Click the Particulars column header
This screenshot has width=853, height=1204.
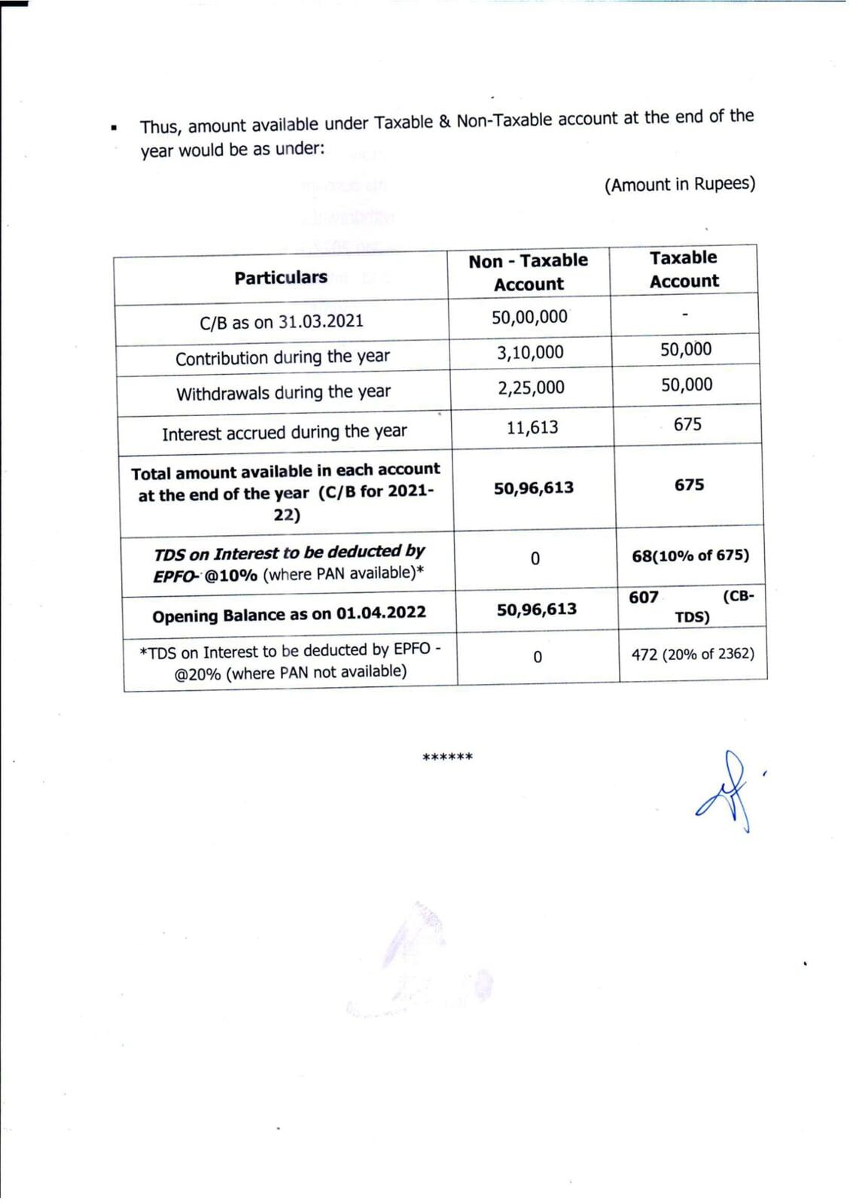[x=280, y=278]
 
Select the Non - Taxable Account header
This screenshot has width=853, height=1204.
[x=528, y=272]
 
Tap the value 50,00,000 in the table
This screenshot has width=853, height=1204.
[x=529, y=317]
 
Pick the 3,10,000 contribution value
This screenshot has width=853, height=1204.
[x=530, y=352]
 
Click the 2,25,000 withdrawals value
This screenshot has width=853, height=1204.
[x=531, y=388]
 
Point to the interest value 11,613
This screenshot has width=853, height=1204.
[x=532, y=427]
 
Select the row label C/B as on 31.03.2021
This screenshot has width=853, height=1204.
[x=281, y=322]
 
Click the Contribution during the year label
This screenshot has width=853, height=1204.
[x=282, y=357]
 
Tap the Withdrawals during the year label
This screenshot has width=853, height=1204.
[x=283, y=393]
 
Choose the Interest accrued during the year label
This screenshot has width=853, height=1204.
[x=284, y=433]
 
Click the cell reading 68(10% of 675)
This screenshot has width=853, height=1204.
[x=690, y=555]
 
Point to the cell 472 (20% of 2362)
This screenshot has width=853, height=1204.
[x=693, y=654]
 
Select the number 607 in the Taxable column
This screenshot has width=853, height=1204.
[x=644, y=597]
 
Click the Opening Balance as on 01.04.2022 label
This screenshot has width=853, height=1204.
[x=288, y=615]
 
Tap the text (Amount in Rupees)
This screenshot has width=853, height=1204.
[x=679, y=184]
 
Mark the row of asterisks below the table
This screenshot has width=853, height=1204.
[x=447, y=757]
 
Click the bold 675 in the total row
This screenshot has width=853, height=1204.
[x=689, y=485]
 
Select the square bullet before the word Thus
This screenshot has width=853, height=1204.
[x=114, y=128]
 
